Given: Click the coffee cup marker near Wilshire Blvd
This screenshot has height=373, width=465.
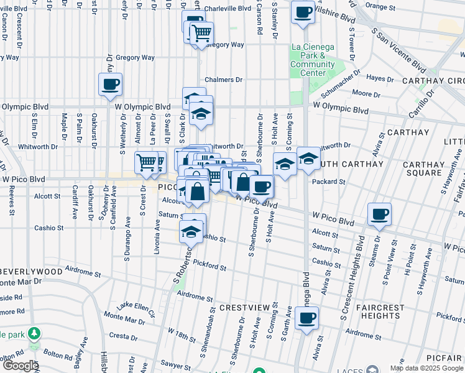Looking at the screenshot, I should [x=303, y=13].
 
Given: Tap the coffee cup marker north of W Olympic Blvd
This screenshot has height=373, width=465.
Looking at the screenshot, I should [x=110, y=85].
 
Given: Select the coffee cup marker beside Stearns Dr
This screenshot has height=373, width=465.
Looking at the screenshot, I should [x=379, y=214].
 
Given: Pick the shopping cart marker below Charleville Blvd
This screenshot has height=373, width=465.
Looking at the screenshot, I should [x=201, y=34].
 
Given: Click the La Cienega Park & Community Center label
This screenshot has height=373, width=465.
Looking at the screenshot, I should [x=312, y=60].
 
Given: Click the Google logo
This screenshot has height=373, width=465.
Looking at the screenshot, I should [x=20, y=366].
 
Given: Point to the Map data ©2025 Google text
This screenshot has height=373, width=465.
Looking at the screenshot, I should [x=426, y=368].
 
